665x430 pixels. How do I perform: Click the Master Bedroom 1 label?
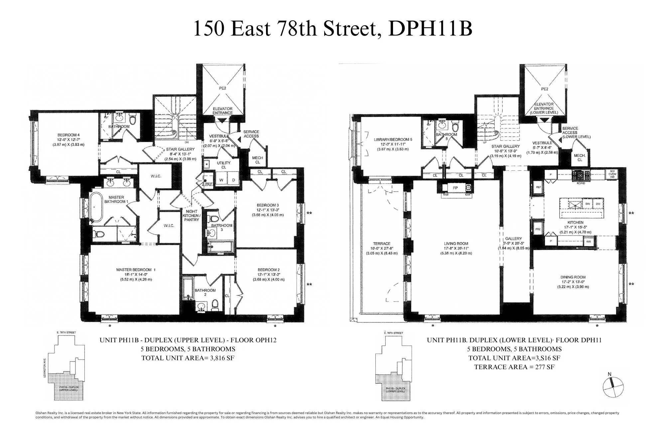pos(135,269)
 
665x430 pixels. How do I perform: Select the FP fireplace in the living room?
pos(455,187)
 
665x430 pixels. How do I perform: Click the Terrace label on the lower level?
pos(381,244)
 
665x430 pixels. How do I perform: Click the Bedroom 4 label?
pos(68,135)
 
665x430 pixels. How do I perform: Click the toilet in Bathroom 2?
pos(215,304)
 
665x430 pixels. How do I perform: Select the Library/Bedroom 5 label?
pos(393,140)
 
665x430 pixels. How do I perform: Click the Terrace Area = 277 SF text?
pos(514,367)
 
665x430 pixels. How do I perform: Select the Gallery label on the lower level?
pos(513,239)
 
